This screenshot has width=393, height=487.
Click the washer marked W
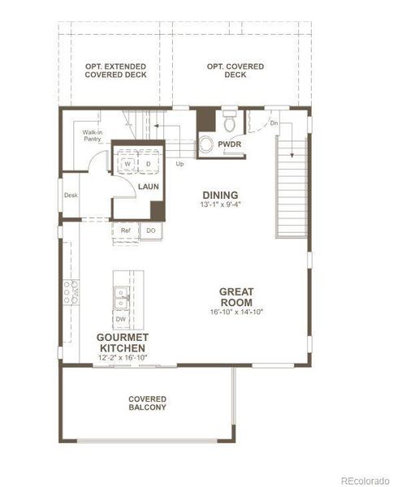[127, 163]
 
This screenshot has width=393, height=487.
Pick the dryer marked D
[149, 163]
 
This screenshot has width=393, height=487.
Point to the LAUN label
[148, 187]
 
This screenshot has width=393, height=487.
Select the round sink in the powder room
[206, 144]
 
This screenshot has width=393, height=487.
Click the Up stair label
[179, 163]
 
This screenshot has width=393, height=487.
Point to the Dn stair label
[274, 123]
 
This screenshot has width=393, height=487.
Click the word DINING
[220, 195]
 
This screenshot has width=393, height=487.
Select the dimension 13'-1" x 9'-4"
[220, 205]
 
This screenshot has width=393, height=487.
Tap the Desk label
[71, 195]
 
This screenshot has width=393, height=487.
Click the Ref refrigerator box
[126, 231]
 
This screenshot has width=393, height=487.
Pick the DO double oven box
[150, 231]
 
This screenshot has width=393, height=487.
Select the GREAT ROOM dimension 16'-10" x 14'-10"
[236, 312]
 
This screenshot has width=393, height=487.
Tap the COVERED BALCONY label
[147, 403]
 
